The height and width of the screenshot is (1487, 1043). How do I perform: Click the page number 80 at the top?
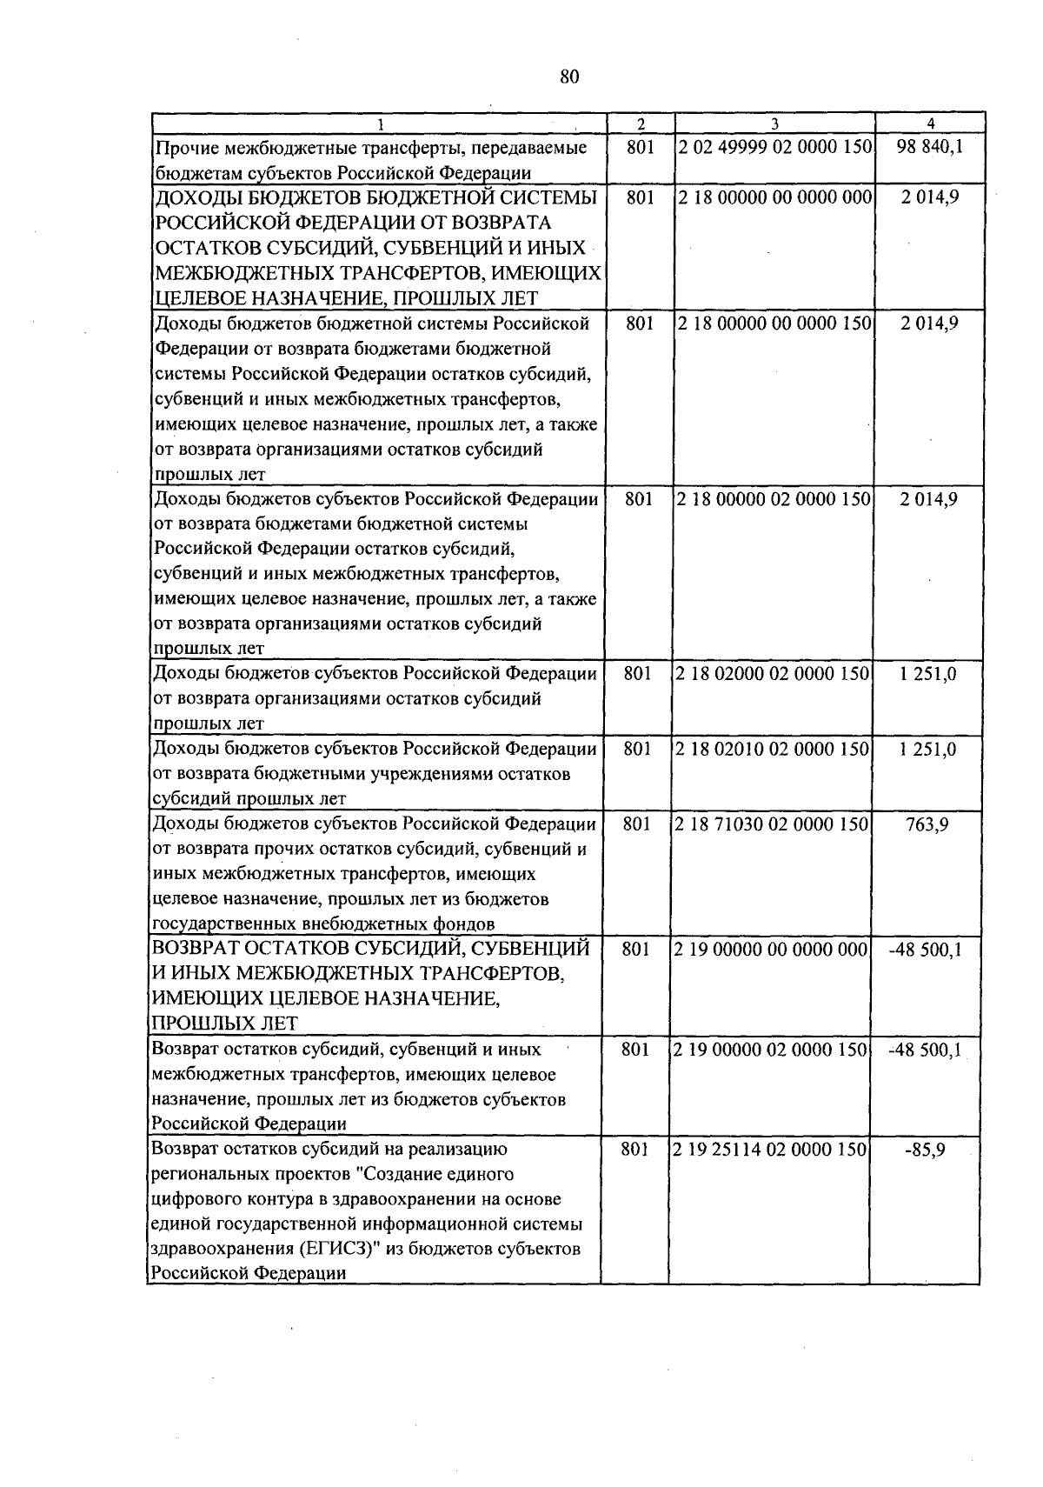pyautogui.click(x=569, y=77)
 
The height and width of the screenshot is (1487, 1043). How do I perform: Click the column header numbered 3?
pyautogui.click(x=774, y=123)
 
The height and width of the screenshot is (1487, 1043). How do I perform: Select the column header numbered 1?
pyautogui.click(x=379, y=123)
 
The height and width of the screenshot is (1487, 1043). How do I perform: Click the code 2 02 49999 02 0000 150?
pyautogui.click(x=775, y=147)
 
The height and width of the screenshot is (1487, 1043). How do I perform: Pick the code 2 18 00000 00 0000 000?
pyautogui.click(x=775, y=197)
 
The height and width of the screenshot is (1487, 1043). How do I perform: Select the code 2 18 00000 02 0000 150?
pyautogui.click(x=775, y=499)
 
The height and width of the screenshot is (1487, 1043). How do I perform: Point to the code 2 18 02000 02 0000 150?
pyautogui.click(x=774, y=674)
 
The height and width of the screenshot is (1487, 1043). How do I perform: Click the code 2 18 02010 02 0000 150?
pyautogui.click(x=774, y=749)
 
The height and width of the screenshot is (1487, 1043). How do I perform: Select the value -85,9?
pyautogui.click(x=927, y=1150)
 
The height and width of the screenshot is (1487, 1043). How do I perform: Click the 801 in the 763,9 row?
pyautogui.click(x=637, y=824)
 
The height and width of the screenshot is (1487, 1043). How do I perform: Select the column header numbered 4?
pyautogui.click(x=930, y=123)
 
